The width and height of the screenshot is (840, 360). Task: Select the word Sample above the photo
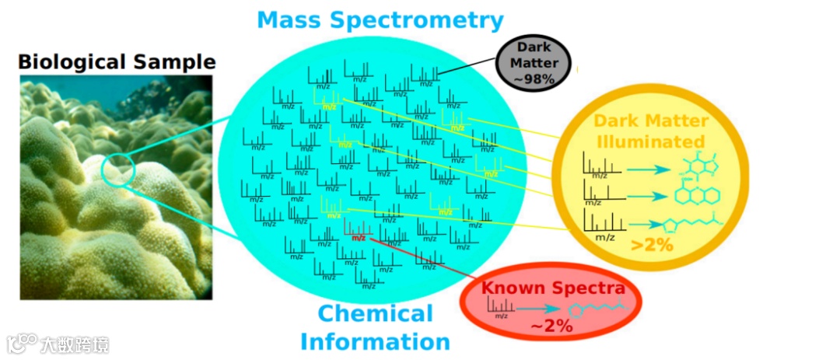171,61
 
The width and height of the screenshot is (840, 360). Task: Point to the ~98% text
534,79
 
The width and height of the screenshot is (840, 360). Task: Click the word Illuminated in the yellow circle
649,142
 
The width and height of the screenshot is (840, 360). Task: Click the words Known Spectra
552,288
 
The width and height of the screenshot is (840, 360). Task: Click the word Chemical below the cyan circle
376,314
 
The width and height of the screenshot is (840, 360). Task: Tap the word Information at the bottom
375,341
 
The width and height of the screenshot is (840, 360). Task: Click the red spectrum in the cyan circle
356,231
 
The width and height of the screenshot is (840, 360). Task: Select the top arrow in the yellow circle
649,168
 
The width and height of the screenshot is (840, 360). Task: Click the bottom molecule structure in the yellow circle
691,225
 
